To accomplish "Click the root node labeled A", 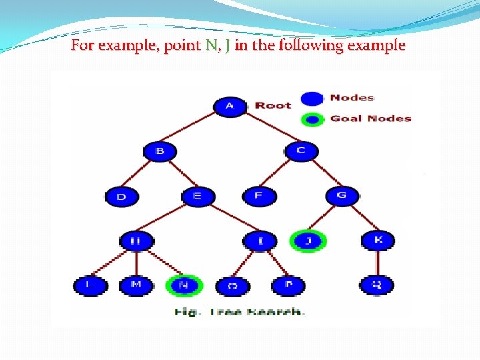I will click(230, 105).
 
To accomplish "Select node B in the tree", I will click(160, 151).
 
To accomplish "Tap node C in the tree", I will click(301, 150).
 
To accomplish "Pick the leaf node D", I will click(121, 197).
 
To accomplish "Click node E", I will click(197, 196).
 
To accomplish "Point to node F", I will click(258, 196).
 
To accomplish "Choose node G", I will click(342, 195).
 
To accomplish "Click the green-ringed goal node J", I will click(308, 241).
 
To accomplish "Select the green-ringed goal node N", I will click(183, 285).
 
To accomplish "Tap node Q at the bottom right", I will click(377, 285).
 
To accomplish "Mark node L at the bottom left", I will click(89, 285).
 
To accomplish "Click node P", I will click(288, 285).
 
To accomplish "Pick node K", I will click(378, 240).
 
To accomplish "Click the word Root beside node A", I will click(273, 105).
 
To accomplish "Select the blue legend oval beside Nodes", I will click(312, 98).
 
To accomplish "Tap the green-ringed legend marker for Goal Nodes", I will click(312, 119).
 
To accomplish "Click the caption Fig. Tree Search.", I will click(240, 311).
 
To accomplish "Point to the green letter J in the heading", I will click(228, 46).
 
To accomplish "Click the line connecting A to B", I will click(194, 128).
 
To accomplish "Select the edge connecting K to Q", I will click(377, 263).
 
